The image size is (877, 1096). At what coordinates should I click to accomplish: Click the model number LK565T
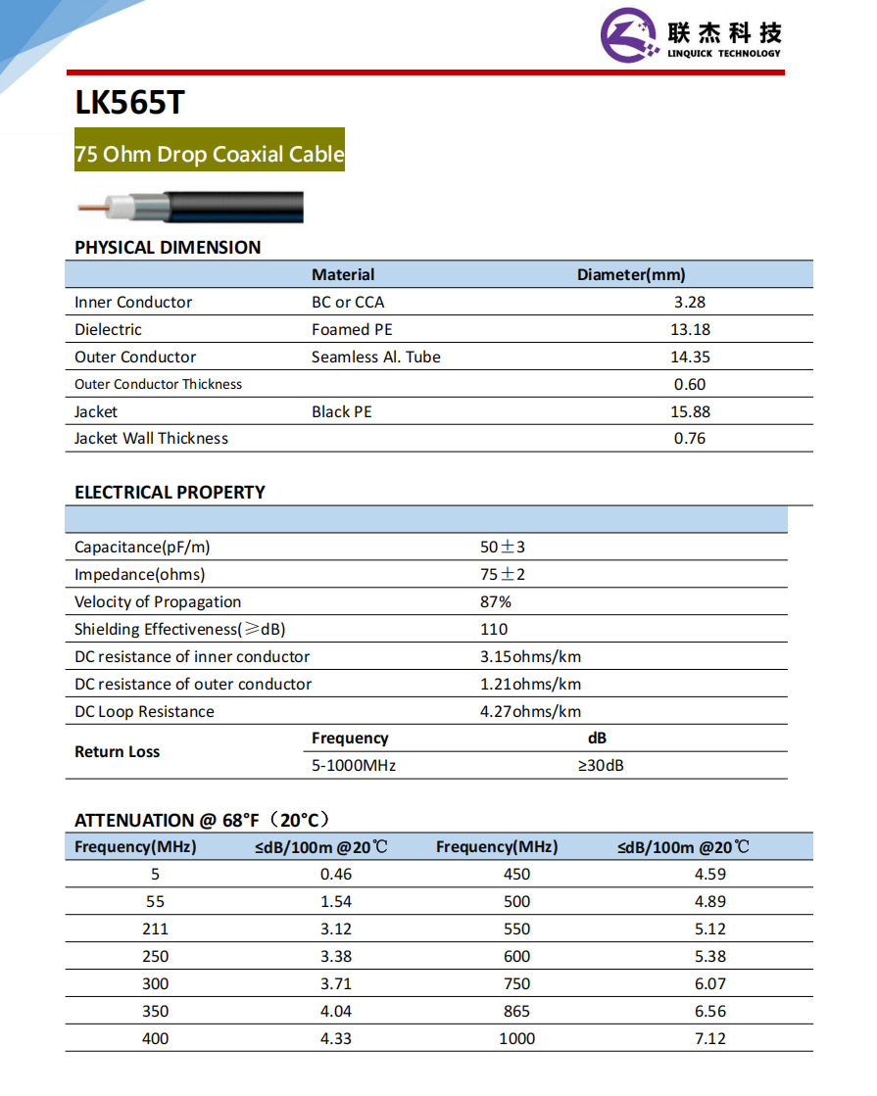[128, 103]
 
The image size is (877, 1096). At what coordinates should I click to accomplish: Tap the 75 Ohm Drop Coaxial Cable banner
[210, 154]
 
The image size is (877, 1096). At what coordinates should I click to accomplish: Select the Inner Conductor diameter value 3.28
[690, 303]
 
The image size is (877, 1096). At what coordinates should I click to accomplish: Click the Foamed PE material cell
[352, 330]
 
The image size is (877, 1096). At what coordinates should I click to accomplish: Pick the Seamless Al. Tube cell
[376, 357]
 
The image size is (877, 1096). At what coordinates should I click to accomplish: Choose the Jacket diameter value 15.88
[690, 412]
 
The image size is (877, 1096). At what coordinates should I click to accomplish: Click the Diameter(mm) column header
[631, 275]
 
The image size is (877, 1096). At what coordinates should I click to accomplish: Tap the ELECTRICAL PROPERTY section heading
[170, 493]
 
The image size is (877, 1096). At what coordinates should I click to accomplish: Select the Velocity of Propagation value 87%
[495, 602]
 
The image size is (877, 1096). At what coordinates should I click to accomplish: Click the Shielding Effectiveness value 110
[494, 630]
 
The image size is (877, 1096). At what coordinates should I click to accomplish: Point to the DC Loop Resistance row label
[144, 712]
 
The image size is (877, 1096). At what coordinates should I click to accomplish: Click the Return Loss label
[118, 752]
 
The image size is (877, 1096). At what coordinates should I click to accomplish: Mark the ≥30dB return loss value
[601, 766]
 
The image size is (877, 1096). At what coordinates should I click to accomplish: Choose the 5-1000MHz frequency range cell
[354, 766]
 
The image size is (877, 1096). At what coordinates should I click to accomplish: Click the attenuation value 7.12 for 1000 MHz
[710, 1038]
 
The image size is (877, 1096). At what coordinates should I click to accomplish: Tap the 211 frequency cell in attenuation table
[155, 929]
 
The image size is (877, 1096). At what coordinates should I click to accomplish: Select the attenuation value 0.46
[336, 874]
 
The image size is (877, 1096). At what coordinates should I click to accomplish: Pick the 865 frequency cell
[516, 1011]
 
